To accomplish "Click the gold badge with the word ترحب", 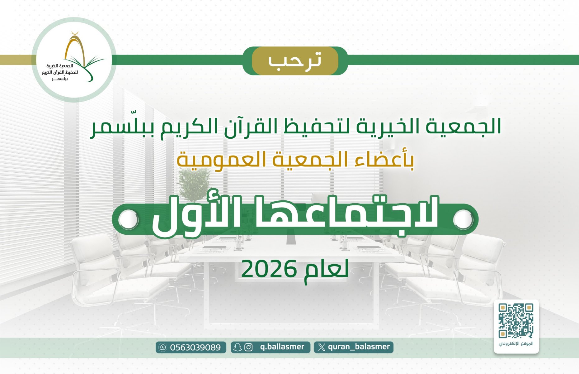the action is click(295, 61).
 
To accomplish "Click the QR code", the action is click(516, 321).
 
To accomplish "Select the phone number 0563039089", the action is click(195, 347).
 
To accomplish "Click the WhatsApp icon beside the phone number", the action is click(163, 347).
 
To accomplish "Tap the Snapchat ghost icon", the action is click(238, 347).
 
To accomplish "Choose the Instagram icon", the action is click(248, 347).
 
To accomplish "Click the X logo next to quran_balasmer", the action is click(322, 347).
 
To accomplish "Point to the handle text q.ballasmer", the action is click(282, 347).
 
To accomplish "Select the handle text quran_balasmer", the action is click(359, 347).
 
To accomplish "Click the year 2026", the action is click(268, 269).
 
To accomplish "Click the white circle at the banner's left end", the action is click(128, 219).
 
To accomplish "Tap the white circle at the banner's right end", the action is click(463, 219).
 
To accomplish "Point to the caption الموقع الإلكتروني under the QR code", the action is click(516, 344).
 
